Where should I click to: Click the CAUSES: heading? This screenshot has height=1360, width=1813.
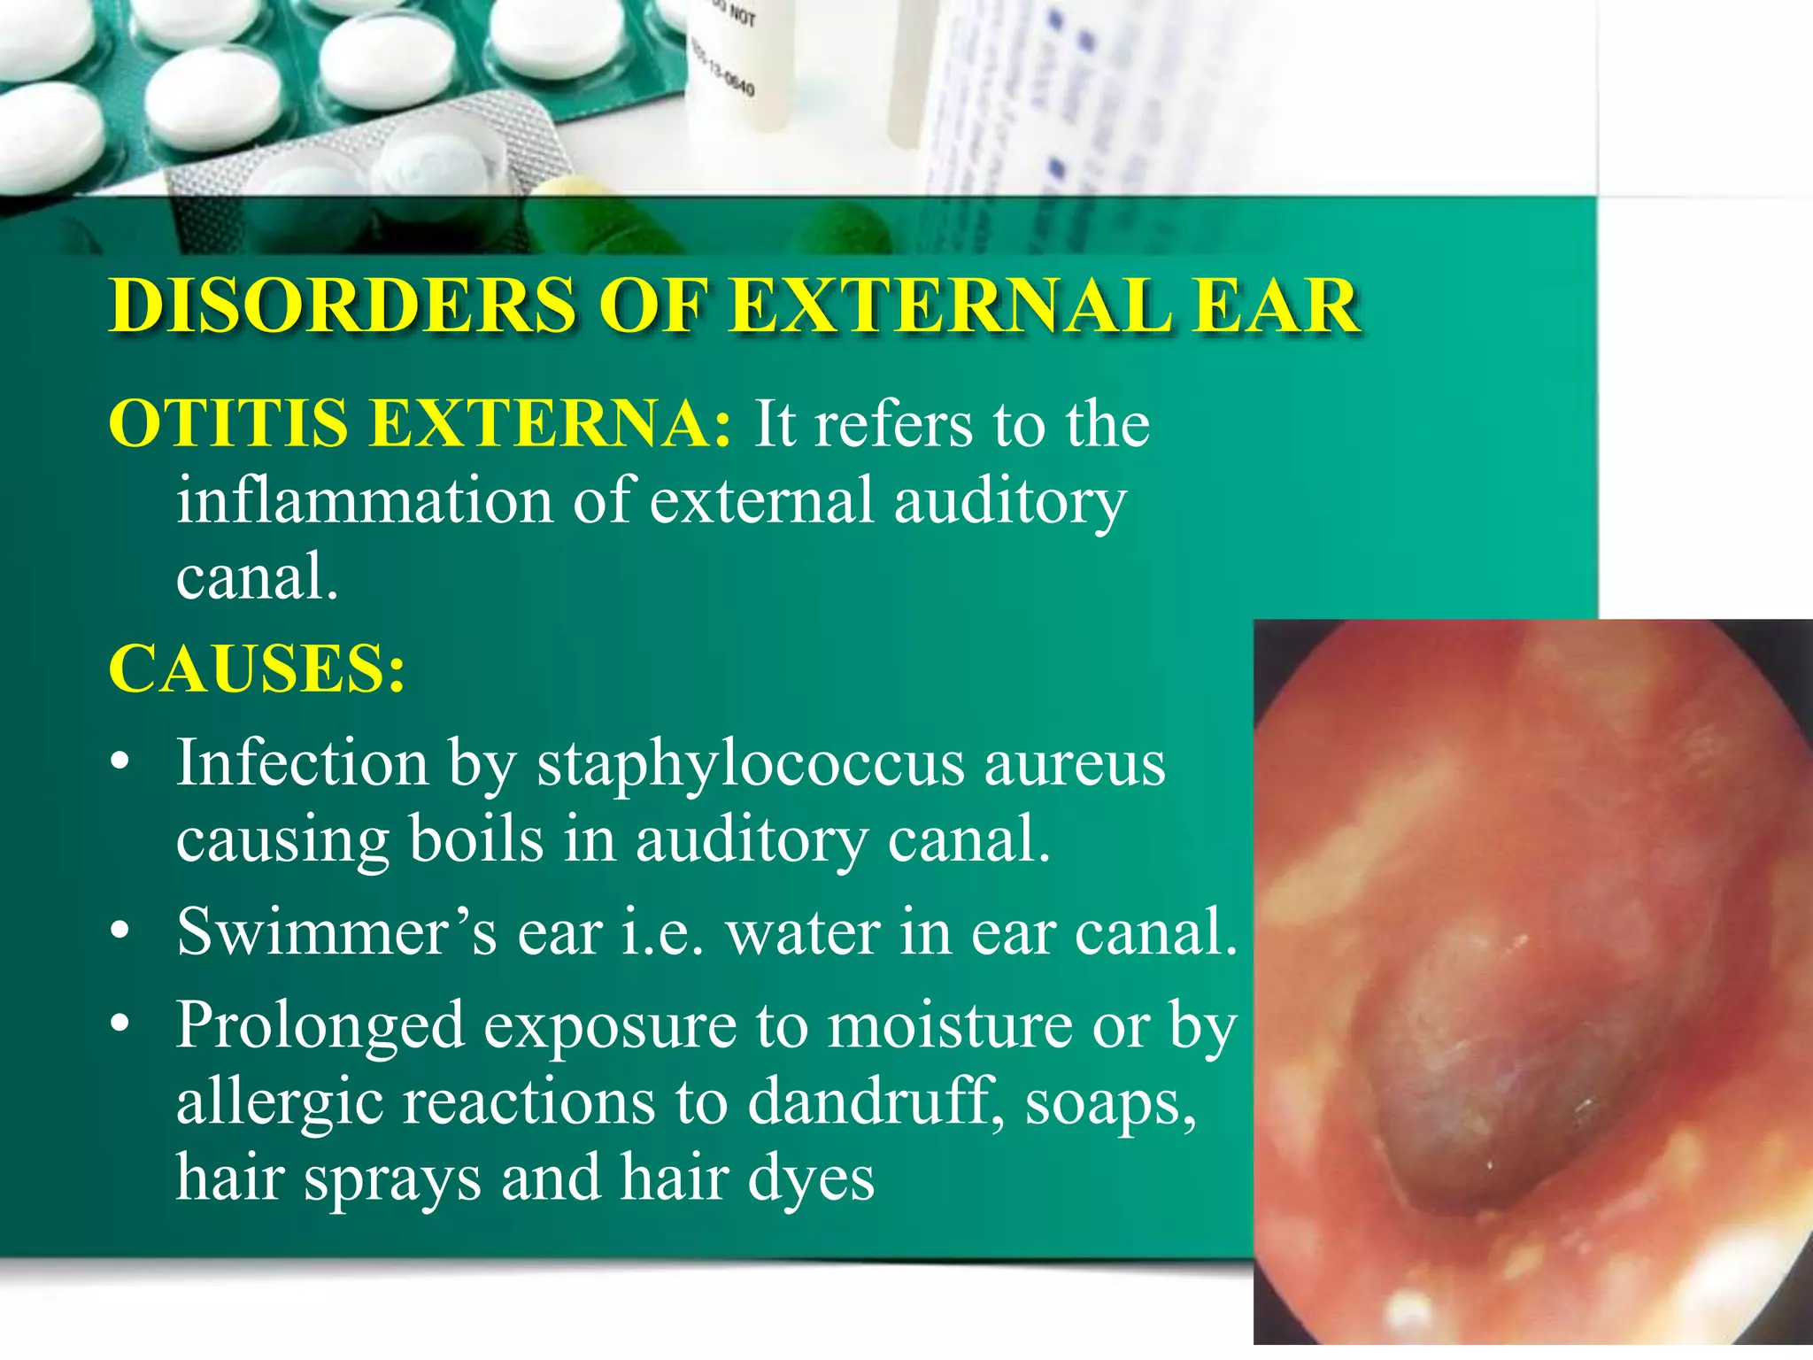257,668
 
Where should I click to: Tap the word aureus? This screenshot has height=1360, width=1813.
1075,764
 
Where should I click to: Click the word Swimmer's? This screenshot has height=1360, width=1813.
337,931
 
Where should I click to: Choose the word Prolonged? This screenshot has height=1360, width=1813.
320,1025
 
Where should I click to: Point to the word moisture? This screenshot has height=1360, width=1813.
948,1025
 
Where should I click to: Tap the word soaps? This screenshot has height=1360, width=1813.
1110,1103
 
